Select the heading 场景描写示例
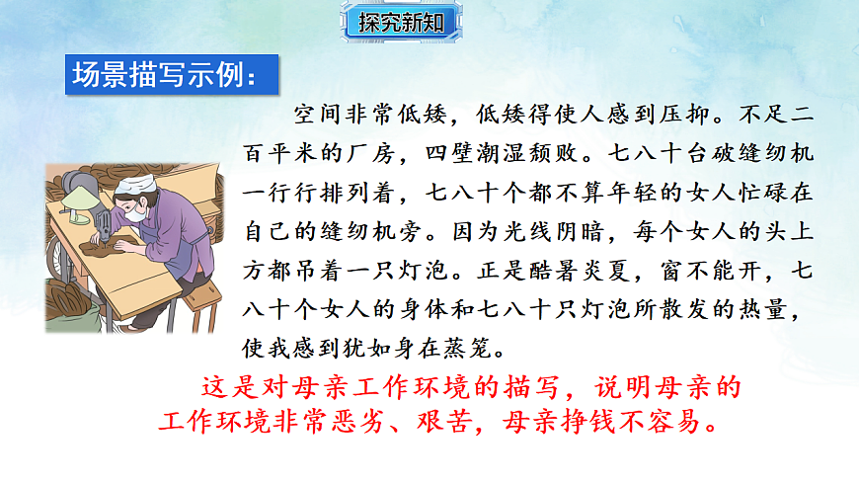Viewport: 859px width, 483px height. click(x=164, y=76)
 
